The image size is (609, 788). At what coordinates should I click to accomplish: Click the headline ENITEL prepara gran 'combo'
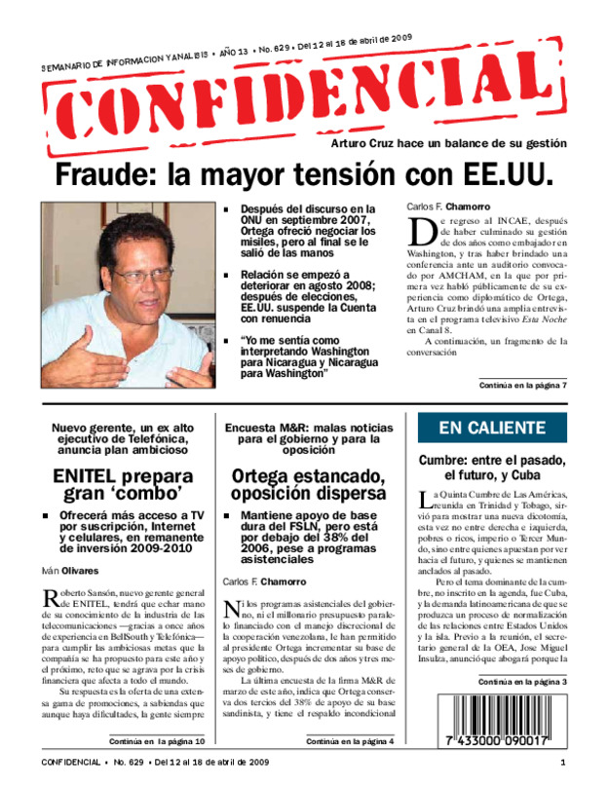pyautogui.click(x=123, y=490)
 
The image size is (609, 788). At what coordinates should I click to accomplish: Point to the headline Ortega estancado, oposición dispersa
pyautogui.click(x=310, y=490)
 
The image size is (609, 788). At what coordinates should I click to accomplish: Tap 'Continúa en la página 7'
pyautogui.click(x=523, y=387)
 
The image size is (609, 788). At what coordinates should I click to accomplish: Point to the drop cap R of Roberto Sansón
pyautogui.click(x=53, y=597)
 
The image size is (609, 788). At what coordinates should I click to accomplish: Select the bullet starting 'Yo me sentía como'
pyautogui.click(x=312, y=357)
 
